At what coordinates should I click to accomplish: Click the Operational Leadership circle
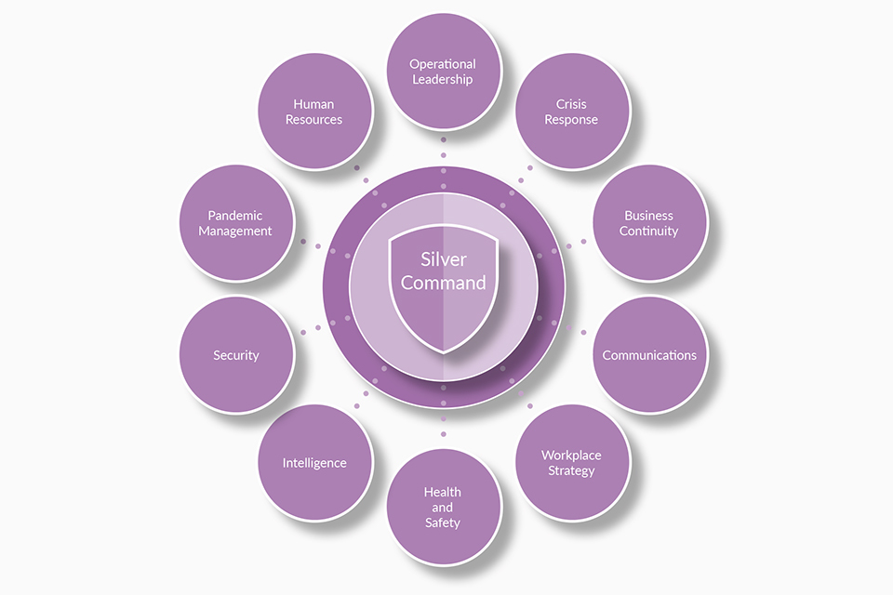(x=443, y=72)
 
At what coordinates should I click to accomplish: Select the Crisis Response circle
(x=571, y=112)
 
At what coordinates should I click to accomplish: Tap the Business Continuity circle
(x=649, y=223)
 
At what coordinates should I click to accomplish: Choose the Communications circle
(x=649, y=355)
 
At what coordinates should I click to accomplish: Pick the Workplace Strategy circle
(x=571, y=462)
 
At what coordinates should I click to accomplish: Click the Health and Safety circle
(x=443, y=507)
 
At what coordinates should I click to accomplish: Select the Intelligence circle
(x=314, y=462)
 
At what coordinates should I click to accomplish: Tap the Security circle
(x=236, y=355)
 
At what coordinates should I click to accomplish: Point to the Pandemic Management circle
(x=236, y=223)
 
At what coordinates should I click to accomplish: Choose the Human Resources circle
(x=314, y=112)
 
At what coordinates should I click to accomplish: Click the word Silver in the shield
(x=443, y=260)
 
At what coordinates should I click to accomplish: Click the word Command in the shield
(x=443, y=283)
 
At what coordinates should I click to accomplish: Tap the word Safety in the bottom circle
(x=443, y=522)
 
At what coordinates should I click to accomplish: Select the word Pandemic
(x=235, y=216)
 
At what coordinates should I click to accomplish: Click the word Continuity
(x=649, y=231)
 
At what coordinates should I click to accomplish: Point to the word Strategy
(x=571, y=470)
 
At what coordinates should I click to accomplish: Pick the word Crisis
(x=571, y=104)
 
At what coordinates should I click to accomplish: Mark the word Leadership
(x=443, y=80)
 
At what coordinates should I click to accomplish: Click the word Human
(x=314, y=104)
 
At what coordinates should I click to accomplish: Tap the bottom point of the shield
(x=444, y=351)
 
